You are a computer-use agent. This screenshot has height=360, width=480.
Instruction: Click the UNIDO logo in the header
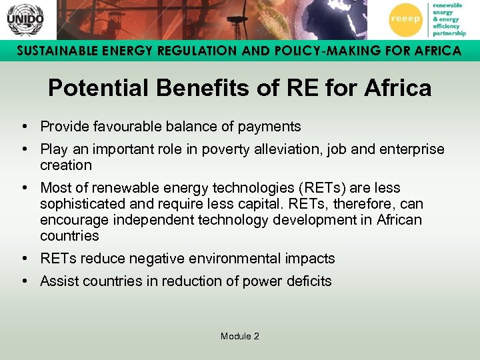pos(25,19)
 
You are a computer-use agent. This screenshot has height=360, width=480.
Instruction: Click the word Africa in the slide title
pos(396,88)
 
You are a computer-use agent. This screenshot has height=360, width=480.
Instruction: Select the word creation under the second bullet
pos(65,165)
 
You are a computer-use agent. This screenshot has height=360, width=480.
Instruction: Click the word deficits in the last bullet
pos(307,281)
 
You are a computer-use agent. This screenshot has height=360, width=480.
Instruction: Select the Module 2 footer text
pos(239,336)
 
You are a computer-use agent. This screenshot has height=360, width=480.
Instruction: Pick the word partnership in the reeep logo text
pos(449,33)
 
